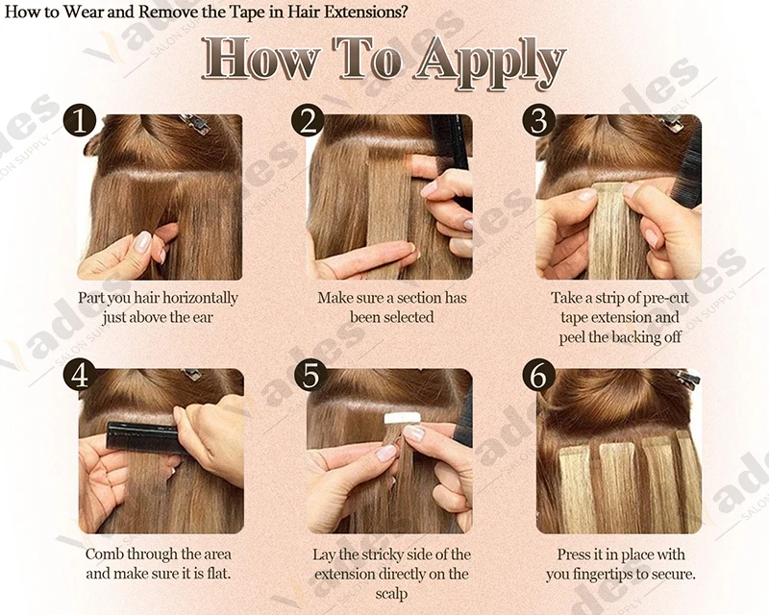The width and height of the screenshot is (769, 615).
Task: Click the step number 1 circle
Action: [80, 120]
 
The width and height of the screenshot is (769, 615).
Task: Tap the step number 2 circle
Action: [308, 120]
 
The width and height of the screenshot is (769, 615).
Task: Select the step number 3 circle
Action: [538, 120]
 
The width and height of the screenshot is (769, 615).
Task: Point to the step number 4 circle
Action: [80, 375]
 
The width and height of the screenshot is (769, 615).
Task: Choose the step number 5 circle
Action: [310, 375]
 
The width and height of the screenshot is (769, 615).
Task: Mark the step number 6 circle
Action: [538, 375]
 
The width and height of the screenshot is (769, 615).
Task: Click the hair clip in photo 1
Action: [195, 123]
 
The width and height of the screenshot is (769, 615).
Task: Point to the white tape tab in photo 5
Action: [403, 418]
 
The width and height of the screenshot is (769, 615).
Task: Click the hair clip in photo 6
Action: [688, 377]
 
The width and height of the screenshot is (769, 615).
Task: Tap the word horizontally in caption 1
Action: [200, 298]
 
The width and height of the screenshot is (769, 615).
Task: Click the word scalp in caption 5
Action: [391, 595]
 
